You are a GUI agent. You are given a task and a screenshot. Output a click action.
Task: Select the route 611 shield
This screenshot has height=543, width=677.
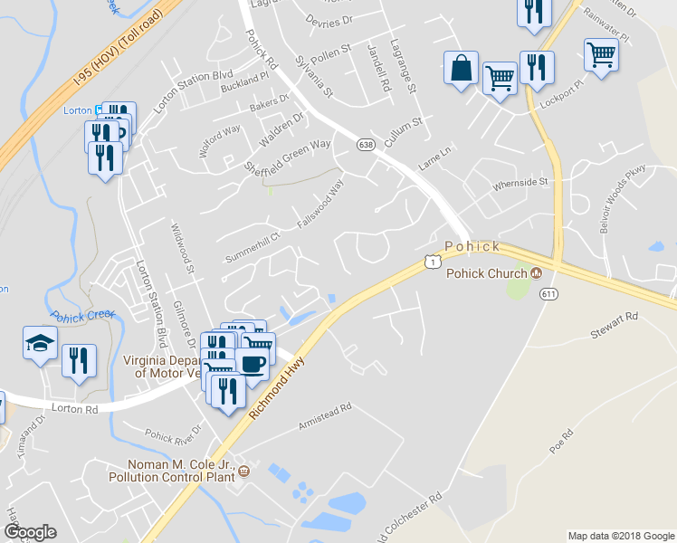[549, 294]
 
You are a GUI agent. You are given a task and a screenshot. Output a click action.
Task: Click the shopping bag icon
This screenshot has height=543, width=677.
[462, 68]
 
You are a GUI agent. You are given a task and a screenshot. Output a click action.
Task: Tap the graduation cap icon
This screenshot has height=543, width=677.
[40, 343]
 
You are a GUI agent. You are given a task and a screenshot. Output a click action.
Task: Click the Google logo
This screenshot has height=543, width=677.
[30, 532]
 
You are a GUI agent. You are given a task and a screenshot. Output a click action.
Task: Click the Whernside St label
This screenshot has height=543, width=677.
[520, 185]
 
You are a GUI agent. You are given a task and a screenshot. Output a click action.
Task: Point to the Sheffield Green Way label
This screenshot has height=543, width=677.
[288, 156]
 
